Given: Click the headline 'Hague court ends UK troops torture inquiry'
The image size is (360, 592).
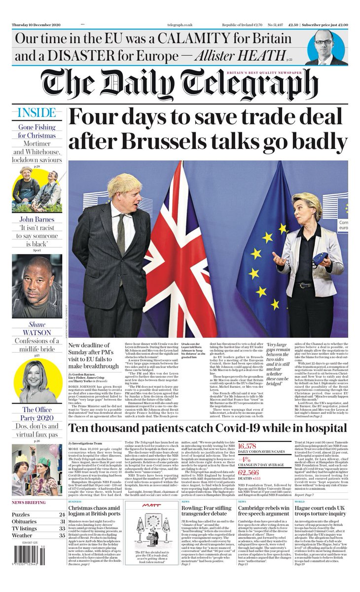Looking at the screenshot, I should tap(321, 512).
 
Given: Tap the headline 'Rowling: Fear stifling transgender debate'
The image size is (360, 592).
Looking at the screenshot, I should tap(207, 512).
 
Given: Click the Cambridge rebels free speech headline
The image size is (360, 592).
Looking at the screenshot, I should tap(264, 512).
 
